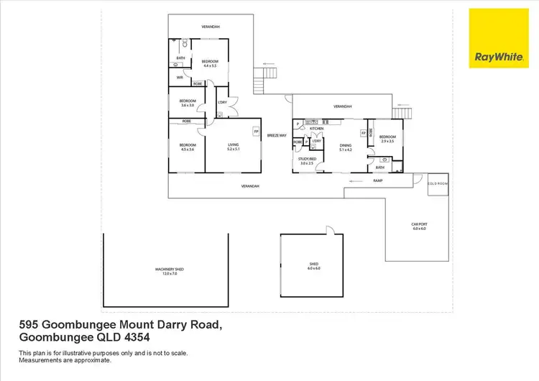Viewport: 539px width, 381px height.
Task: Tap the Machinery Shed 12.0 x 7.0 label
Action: [x=170, y=271]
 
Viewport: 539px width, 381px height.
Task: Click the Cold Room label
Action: [x=437, y=183]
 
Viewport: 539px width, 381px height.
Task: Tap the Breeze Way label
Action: [x=277, y=135]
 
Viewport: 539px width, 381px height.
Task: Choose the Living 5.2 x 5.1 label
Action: [x=233, y=147]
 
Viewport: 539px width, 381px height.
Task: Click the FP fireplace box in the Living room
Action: [x=255, y=132]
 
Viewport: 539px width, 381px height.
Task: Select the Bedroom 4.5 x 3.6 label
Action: [x=187, y=147]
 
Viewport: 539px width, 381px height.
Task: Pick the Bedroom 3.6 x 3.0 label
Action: [x=188, y=103]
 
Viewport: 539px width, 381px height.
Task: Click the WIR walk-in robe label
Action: [x=179, y=78]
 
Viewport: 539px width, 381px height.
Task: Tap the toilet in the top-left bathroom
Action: [x=184, y=43]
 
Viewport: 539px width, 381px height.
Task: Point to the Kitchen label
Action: [x=316, y=129]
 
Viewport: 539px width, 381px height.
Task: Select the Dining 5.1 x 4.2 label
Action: [x=346, y=147]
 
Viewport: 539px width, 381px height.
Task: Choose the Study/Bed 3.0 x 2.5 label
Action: [x=307, y=161]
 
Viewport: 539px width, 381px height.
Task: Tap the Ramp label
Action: [x=377, y=181]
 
